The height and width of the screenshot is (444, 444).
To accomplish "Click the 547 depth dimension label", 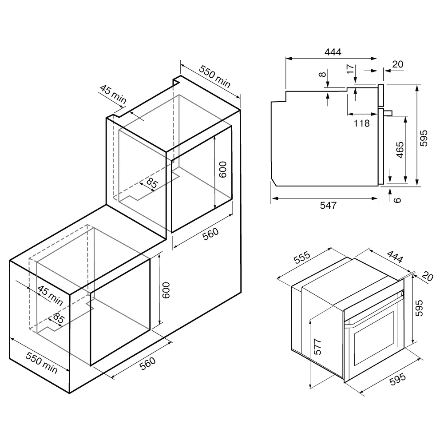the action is [x=328, y=205].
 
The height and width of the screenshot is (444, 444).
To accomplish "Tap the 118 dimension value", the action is [x=361, y=123].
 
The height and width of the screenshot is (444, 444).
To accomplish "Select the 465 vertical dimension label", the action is [x=400, y=150].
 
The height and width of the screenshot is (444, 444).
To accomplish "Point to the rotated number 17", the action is [x=350, y=69].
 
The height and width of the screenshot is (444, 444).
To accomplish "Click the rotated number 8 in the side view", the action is [x=322, y=75].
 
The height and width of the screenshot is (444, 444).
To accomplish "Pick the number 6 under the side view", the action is [x=397, y=200].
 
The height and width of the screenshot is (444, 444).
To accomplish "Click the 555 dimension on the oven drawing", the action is [x=302, y=258].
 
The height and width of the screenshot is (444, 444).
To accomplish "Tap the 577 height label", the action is [x=318, y=347].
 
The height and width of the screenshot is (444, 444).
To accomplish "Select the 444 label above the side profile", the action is [x=333, y=52].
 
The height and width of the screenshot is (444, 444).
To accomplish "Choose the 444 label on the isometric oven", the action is [x=395, y=257].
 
